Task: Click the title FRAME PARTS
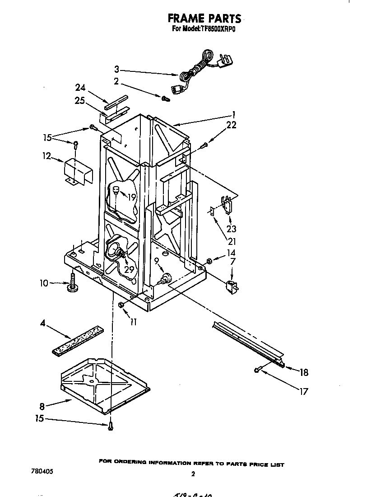(204, 18)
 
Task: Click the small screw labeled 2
(165, 98)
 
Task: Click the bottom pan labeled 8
(104, 384)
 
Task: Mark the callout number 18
(304, 372)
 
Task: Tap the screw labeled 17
(257, 370)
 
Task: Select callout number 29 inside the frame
(129, 269)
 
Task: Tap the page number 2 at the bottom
(193, 474)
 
